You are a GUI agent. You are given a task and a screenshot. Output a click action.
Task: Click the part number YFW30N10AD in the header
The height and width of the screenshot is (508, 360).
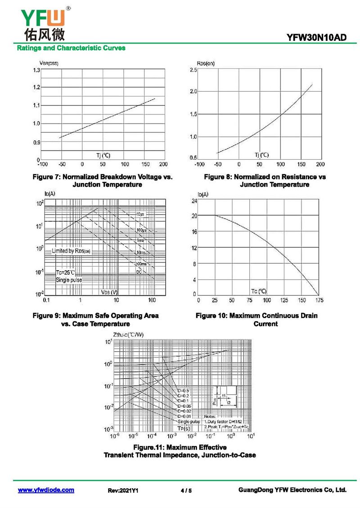click(317, 39)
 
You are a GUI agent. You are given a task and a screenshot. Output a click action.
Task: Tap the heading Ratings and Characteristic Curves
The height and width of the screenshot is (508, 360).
click(71, 48)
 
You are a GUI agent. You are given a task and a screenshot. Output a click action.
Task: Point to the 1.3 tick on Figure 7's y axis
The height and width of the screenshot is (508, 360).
click(36, 71)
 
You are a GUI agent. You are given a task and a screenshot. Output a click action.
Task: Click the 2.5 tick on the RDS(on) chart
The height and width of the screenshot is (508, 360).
click(193, 71)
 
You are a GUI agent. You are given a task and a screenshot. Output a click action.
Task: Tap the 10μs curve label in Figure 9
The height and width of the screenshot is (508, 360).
click(140, 214)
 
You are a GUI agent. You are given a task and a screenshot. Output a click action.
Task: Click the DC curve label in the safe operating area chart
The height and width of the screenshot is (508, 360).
click(139, 272)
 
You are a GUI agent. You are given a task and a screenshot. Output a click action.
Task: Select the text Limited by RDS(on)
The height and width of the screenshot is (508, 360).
click(71, 251)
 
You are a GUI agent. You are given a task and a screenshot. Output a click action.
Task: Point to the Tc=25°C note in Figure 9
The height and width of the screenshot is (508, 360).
click(65, 272)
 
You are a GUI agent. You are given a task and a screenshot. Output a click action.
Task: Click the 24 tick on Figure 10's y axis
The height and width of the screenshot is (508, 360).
click(194, 201)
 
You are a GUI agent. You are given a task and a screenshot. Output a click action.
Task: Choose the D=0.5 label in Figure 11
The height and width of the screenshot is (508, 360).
click(183, 391)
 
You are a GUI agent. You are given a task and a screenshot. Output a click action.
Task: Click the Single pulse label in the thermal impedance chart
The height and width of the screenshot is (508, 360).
click(189, 422)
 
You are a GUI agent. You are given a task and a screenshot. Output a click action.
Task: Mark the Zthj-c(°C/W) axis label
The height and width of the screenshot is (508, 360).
click(129, 334)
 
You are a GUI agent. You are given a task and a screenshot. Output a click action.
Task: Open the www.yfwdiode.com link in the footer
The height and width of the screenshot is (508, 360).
click(46, 490)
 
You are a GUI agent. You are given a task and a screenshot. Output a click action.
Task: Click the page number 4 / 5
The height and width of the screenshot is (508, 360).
click(186, 490)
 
